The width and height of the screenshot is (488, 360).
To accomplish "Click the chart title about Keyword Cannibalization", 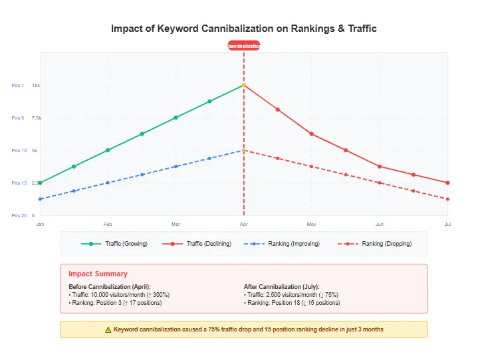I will click(x=244, y=29).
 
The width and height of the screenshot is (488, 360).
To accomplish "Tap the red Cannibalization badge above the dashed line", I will click(x=244, y=46).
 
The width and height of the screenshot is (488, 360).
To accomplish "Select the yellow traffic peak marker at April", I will click(x=244, y=85).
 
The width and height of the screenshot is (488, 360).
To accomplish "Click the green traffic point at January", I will click(x=40, y=183).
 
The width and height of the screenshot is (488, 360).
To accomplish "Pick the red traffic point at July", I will click(x=447, y=183).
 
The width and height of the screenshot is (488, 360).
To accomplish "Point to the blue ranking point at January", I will click(x=40, y=199).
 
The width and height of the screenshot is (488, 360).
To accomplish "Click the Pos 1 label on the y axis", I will click(x=17, y=85).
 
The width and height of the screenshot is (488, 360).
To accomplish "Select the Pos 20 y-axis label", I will click(x=19, y=215).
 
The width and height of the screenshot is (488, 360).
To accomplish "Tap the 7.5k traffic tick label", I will click(x=36, y=118).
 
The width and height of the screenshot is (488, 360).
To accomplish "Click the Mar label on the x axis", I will click(x=176, y=224).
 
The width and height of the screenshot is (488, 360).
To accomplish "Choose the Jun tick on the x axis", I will click(x=380, y=224).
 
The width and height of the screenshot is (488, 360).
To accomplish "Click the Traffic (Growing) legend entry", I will click(x=114, y=244).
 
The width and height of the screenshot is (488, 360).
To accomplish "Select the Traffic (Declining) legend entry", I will click(x=197, y=244).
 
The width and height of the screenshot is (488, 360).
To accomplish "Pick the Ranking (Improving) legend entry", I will click(x=282, y=244).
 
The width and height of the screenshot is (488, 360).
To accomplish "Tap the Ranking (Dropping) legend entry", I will click(x=375, y=244).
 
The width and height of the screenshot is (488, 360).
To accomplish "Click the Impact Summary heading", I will click(x=98, y=274).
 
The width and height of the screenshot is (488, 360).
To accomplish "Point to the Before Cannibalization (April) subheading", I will click(x=111, y=286).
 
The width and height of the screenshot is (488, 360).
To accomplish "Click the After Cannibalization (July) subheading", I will click(x=281, y=286).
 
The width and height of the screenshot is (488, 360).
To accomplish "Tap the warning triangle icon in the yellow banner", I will click(x=108, y=329).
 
